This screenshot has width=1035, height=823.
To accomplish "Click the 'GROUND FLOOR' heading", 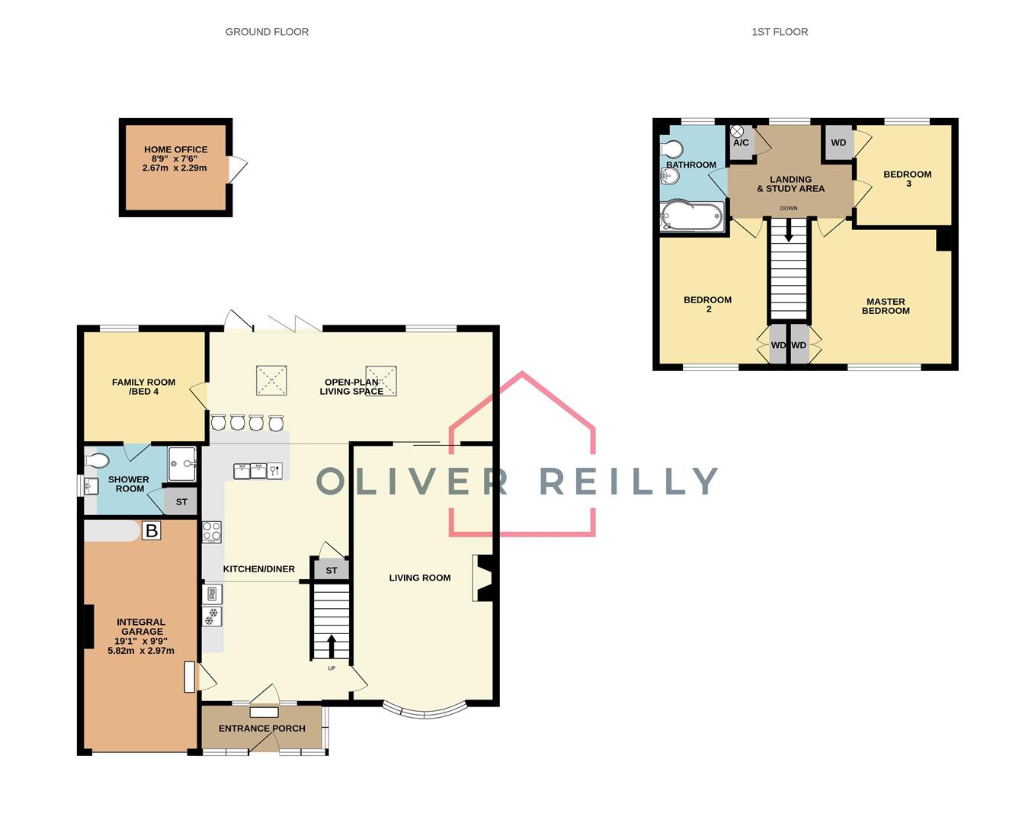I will point(267,32).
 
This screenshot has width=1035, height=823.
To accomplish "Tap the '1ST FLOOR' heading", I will point(780,32).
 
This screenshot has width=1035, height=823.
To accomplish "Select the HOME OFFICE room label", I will point(175,150).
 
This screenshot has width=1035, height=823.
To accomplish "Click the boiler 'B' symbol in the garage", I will point(151,530).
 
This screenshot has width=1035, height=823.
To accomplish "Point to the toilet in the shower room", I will point(98,460).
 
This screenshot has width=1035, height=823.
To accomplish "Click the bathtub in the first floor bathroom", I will point(692,216).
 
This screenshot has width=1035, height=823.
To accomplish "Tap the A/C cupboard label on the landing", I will point(741,143).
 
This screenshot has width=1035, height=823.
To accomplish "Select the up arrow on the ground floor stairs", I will point(332,645).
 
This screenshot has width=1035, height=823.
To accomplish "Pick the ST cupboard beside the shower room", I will point(181,502).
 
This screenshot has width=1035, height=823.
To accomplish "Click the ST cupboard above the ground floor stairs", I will point(331,570).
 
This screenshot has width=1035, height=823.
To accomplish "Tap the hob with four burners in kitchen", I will point(212,531).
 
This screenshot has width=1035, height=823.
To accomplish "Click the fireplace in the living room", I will point(483,578).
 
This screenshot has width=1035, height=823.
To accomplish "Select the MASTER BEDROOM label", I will point(886,306).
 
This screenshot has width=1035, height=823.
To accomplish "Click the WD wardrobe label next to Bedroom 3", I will point(838,143).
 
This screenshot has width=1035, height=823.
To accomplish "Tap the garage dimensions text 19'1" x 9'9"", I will point(141,641).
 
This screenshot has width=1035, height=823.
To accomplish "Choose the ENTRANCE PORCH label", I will point(262,729).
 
